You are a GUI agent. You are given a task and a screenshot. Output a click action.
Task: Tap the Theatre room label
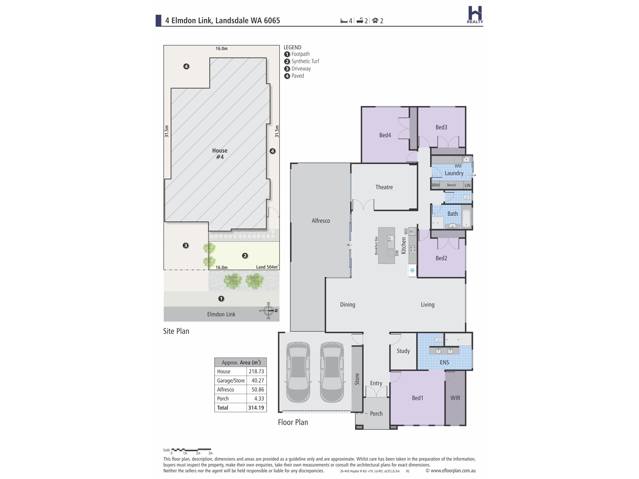point(384,187)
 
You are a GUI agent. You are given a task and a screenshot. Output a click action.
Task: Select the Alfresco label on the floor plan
point(321,221)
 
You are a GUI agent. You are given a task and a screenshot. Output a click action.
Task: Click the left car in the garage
point(298,372)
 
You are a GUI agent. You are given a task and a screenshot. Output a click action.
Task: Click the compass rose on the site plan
point(268,311)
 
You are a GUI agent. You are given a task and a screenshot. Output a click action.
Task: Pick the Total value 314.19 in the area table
point(256,408)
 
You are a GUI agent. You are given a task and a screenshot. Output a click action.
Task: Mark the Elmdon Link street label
point(221,314)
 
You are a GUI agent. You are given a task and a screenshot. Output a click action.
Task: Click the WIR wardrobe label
point(455,398)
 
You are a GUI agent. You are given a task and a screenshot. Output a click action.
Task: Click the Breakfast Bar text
point(376,246)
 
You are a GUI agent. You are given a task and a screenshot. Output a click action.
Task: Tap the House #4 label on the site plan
point(220,154)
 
